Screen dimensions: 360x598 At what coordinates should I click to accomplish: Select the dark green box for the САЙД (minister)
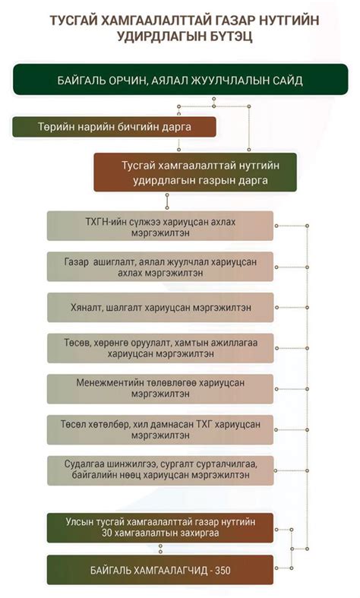180,80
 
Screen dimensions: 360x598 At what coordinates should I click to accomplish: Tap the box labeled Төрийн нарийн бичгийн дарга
114,126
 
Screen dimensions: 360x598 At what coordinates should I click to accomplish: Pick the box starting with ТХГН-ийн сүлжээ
160,226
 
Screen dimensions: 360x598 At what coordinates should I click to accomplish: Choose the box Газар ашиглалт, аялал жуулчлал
160,267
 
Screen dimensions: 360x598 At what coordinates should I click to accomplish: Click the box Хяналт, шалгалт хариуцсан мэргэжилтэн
160,308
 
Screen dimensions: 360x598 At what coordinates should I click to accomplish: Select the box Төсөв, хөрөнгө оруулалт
160,348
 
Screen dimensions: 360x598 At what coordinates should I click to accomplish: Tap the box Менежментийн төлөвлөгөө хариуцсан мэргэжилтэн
160,389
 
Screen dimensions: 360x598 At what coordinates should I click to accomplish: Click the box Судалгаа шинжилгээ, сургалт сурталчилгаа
160,470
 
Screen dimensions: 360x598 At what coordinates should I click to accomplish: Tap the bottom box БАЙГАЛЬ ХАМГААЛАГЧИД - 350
160,569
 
